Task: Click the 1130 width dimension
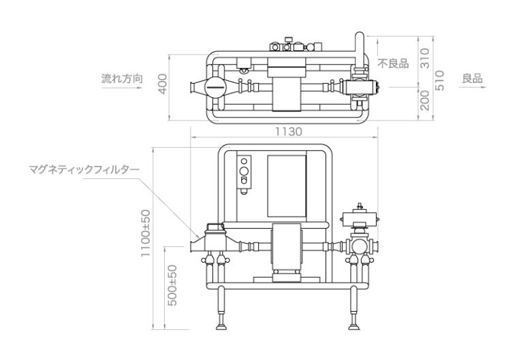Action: (289, 131)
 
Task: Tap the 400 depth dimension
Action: (162, 84)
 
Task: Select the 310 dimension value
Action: (425, 59)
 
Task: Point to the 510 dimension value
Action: (440, 80)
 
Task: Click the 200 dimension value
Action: (425, 100)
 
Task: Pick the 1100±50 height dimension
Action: (146, 233)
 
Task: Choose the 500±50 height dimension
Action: (172, 285)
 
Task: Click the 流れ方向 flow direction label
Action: (122, 79)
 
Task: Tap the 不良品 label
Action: (393, 63)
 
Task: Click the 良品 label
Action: (473, 79)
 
